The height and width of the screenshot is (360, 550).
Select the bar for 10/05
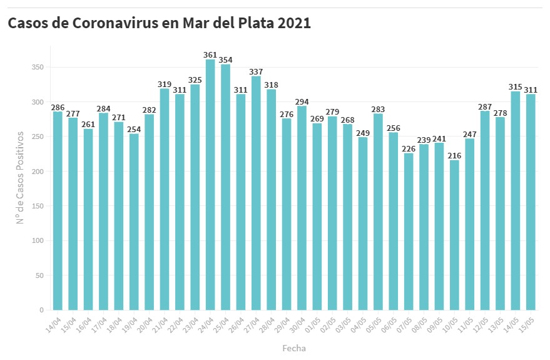point(454,235)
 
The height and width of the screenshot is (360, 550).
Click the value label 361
point(210,55)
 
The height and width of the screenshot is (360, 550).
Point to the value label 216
point(454,155)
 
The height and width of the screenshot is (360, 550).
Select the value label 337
point(256,71)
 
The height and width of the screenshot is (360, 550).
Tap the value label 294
point(302,101)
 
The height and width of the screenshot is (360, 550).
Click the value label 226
point(409,148)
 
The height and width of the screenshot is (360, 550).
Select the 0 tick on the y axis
point(42,310)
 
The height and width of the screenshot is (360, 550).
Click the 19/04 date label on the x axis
point(130,325)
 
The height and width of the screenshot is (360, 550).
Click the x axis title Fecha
point(293,348)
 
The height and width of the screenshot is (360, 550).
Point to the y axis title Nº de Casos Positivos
point(20,178)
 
